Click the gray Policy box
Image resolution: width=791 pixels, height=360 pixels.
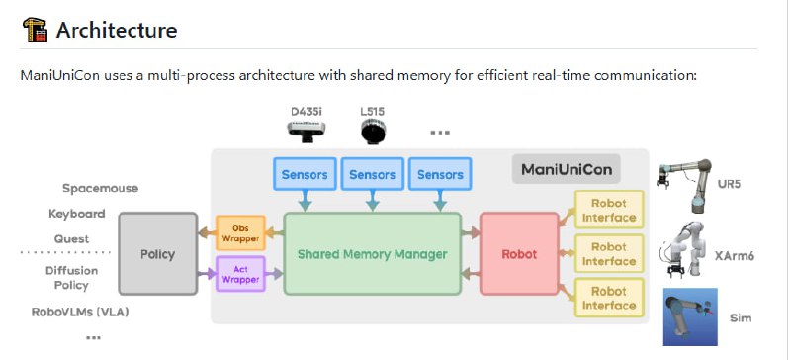coord(157,253)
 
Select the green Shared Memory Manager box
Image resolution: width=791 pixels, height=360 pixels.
coord(373,253)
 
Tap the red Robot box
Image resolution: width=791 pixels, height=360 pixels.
coord(519,253)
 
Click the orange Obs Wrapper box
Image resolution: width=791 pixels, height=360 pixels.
coord(240,232)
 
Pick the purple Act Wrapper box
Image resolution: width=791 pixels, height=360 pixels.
coord(240,274)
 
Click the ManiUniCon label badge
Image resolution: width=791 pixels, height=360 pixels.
coord(566,169)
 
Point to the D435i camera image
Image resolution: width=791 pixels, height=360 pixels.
coord(306,130)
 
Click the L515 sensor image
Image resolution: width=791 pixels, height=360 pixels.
coord(373,132)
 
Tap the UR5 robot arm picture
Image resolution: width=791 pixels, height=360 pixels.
coord(685,185)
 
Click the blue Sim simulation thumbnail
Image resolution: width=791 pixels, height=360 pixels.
coord(690,316)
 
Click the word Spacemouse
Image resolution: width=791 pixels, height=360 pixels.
coord(100,188)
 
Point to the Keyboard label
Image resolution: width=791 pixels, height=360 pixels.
coord(77,214)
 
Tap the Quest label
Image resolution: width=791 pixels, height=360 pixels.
coord(71,238)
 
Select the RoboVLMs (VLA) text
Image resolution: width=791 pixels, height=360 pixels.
coord(80,313)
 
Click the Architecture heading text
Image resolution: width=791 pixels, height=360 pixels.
coord(117,30)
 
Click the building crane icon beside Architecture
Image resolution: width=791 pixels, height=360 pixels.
coord(35,30)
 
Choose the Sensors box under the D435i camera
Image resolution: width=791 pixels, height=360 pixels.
coord(305,174)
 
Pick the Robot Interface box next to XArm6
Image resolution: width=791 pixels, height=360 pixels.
coord(609,254)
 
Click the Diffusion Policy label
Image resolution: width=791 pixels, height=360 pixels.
coord(71,278)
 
